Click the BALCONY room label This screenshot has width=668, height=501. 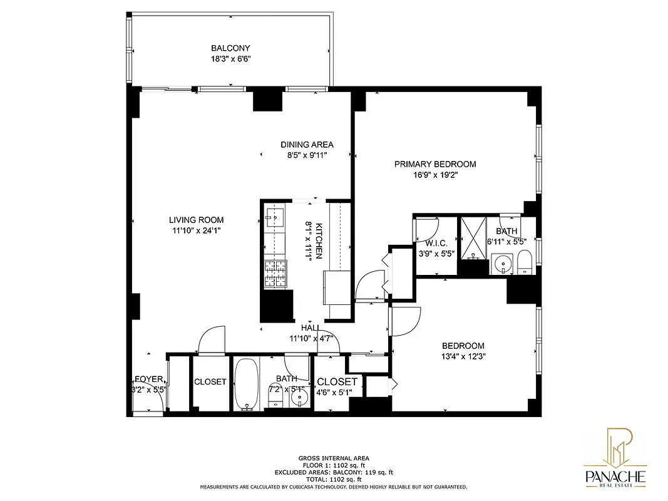click(230, 48)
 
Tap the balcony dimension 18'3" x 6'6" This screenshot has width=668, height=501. click(230, 59)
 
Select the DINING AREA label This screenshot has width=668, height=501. click(307, 145)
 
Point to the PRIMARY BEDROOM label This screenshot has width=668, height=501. click(434, 164)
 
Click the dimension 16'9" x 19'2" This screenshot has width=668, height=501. click(434, 175)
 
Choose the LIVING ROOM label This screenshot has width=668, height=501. click(196, 220)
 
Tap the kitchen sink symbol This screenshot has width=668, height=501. click(273, 219)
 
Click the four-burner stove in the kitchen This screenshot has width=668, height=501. click(275, 274)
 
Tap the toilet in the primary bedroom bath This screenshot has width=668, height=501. click(525, 262)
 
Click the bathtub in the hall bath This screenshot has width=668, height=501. click(247, 383)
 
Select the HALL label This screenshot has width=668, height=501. click(311, 328)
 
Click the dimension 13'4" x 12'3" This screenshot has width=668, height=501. click(463, 356)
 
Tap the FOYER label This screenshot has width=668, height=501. click(149, 380)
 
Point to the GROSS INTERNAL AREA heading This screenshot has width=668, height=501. click(333, 458)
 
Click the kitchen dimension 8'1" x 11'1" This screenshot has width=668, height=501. click(308, 241)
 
